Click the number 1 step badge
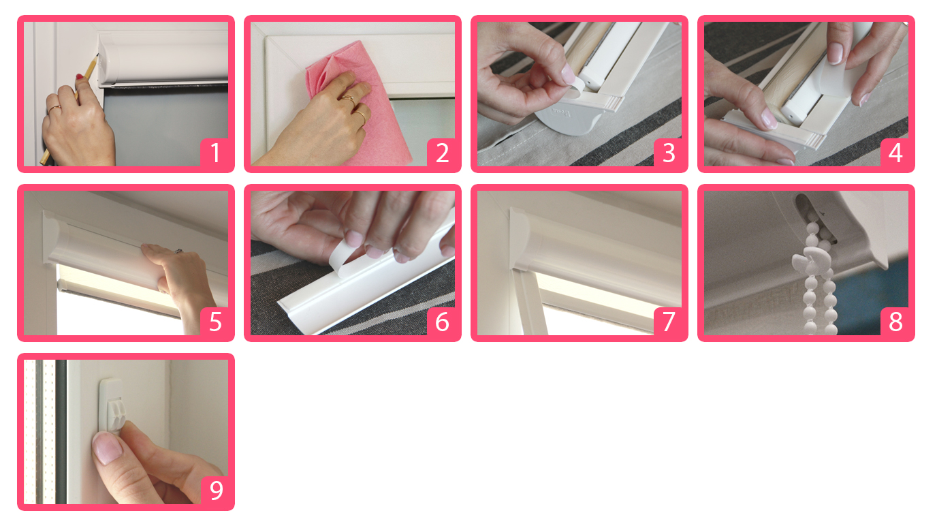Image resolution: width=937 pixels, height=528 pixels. coord(215,153)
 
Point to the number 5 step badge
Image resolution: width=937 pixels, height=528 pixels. coord(215,322)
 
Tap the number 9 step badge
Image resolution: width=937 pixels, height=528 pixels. coord(215,490)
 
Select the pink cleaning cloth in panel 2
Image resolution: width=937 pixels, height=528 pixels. coord(355,105)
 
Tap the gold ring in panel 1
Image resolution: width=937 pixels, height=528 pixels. coord(54,110)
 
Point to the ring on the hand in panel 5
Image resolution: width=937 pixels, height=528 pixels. coord(178,251)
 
